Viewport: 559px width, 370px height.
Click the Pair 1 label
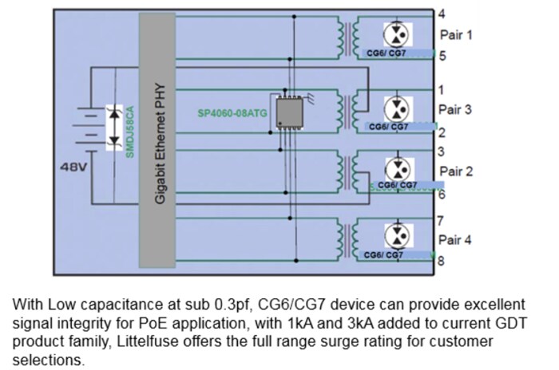click(x=456, y=35)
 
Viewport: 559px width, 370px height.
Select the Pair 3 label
click(x=456, y=108)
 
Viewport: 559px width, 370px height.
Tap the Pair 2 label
click(x=456, y=171)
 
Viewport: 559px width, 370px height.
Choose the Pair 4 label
click(x=456, y=238)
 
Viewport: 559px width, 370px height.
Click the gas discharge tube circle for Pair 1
click(x=397, y=34)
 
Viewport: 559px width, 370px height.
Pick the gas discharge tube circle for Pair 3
click(x=397, y=108)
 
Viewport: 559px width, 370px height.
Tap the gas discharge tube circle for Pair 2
click(x=397, y=169)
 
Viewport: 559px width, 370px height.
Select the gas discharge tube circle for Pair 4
click(x=397, y=234)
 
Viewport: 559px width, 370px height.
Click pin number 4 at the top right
click(x=442, y=14)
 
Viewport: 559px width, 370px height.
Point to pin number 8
click(x=442, y=259)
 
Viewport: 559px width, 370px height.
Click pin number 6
click(x=442, y=194)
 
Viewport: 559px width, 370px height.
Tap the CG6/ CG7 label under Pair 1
click(x=387, y=54)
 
